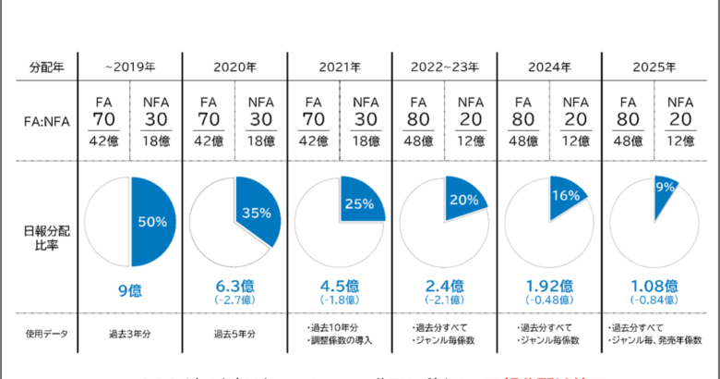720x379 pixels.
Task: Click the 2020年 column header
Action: [x=235, y=67]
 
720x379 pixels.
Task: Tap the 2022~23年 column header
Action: [x=445, y=67]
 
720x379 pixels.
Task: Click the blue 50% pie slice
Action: [x=151, y=222]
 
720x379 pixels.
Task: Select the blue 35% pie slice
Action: [x=257, y=214]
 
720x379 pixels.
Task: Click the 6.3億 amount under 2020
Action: [x=235, y=286]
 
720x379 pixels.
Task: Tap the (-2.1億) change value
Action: [x=445, y=300]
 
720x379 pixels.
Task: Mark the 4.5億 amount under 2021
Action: [x=340, y=286]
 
